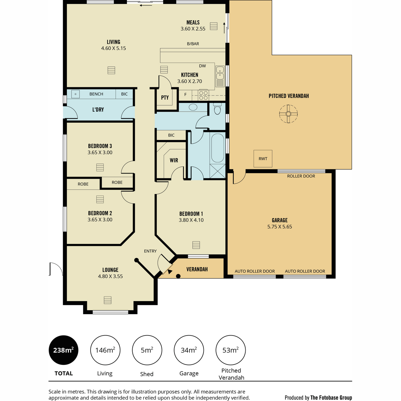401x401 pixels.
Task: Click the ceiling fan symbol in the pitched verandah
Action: point(288,114)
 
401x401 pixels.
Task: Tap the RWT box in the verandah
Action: point(263,159)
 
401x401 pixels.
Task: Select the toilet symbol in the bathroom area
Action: point(217,109)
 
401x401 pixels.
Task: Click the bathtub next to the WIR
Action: point(218,148)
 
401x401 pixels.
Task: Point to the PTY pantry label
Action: point(165,98)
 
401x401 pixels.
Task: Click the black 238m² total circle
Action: point(63,350)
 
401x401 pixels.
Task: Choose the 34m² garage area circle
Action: point(189,350)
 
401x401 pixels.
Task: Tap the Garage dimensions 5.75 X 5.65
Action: point(279,227)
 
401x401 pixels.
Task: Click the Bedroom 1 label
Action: point(191,214)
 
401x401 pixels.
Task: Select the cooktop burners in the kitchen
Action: point(203,95)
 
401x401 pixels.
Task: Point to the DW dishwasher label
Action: point(202,66)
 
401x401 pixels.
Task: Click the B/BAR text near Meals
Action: point(193,44)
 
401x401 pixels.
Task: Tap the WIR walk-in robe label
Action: point(174,160)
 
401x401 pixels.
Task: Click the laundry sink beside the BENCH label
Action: point(75,94)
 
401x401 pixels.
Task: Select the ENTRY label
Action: point(150,251)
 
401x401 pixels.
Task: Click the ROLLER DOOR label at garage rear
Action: point(301,176)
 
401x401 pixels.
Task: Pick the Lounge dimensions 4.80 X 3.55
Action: point(110,276)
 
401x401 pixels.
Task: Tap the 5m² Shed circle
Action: point(147,350)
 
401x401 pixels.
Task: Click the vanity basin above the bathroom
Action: point(193,107)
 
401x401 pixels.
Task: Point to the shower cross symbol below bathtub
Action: point(218,171)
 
